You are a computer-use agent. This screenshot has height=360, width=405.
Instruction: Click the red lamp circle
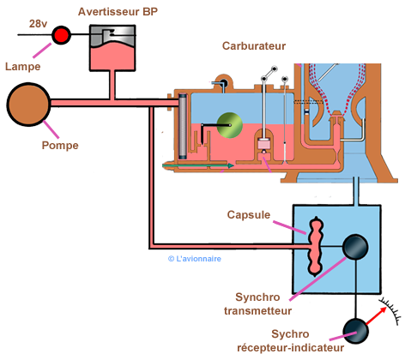click(62, 35)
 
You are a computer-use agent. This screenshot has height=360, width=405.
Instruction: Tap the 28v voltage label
click(38, 23)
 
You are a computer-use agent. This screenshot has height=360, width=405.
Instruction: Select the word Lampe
click(21, 66)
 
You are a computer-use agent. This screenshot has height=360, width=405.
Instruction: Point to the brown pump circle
click(30, 104)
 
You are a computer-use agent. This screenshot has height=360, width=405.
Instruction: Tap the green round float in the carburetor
click(230, 126)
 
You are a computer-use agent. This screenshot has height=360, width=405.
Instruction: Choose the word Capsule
click(247, 213)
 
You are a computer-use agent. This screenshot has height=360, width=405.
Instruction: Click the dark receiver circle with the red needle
click(354, 333)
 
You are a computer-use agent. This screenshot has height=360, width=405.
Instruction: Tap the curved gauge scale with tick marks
click(390, 310)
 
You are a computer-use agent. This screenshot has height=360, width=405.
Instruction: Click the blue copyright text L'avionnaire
click(195, 256)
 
